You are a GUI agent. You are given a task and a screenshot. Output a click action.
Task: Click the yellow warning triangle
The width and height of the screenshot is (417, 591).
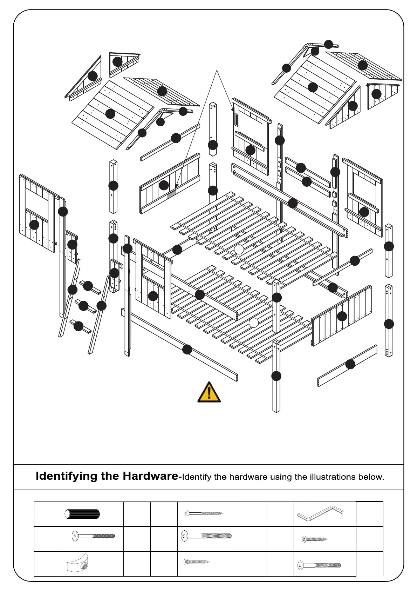pos(209,392)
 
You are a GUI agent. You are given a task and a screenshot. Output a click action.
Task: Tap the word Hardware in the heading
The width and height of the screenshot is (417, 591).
pos(150,476)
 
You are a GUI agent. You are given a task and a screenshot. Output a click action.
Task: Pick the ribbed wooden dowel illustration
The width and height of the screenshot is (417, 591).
pos(82,514)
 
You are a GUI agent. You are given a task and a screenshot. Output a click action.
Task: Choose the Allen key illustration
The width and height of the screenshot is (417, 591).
pos(320,513)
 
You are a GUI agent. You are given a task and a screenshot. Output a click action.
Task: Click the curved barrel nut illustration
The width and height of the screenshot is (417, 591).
pos(77,563)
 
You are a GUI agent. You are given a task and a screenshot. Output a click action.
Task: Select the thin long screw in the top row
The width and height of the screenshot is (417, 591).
pos(204,513)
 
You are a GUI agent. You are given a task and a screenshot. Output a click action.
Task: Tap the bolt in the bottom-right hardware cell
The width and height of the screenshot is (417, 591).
pos(319,565)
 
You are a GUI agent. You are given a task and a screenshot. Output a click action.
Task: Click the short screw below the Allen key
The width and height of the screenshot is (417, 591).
pos(315,539)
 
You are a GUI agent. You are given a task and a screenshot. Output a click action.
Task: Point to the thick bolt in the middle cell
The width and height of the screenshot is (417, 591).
pos(206,536)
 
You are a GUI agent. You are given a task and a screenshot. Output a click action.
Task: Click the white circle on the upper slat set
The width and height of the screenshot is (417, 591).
pos(239,249)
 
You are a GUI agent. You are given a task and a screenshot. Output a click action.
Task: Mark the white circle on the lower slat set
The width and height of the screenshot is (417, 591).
pos(253,323)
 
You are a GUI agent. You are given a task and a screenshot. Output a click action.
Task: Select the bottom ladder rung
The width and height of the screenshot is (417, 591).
pos(80,326)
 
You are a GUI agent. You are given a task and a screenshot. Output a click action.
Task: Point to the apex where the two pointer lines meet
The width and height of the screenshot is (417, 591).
pos(217,71)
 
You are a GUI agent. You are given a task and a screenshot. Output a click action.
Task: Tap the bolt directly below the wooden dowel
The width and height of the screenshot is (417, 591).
pos(93,536)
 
